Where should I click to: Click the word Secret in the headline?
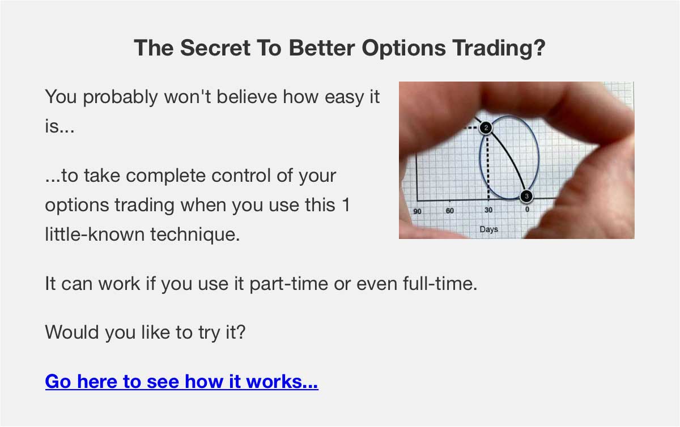coord(215,48)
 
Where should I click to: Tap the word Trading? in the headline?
coord(499,49)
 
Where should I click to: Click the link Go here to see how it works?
coord(181,381)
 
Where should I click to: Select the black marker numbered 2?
coord(486,128)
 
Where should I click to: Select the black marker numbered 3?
coord(526,197)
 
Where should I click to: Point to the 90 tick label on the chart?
coord(417,211)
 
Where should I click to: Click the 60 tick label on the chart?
coord(449,211)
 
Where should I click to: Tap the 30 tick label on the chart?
coord(488,210)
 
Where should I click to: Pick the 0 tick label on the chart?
coord(528,209)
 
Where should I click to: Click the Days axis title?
coord(488,229)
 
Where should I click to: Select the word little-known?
coord(95,234)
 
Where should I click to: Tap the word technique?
coord(195,235)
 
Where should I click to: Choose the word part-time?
coord(288,284)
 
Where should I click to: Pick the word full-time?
coord(440,284)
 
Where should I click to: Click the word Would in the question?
coord(72,332)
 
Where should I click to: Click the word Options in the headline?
coord(403,49)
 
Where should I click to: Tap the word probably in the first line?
coord(120,97)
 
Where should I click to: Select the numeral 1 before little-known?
coord(346,204)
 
